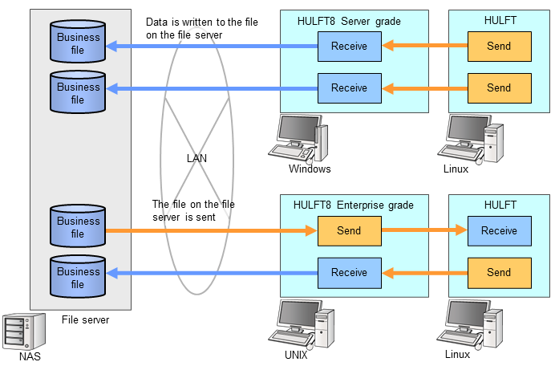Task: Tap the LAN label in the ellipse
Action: click(x=196, y=158)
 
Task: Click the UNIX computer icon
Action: click(x=306, y=323)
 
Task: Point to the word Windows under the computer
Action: click(x=310, y=169)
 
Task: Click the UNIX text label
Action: click(x=295, y=354)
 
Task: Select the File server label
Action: click(x=85, y=320)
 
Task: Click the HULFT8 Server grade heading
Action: click(x=349, y=21)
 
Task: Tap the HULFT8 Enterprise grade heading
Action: click(x=354, y=205)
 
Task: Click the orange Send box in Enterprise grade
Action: click(x=349, y=231)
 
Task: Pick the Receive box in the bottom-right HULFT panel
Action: click(x=499, y=231)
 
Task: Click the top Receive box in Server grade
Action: click(x=349, y=47)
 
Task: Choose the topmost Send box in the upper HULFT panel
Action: click(x=499, y=47)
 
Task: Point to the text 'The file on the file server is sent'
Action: click(x=193, y=210)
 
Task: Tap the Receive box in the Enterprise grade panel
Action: click(x=349, y=273)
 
